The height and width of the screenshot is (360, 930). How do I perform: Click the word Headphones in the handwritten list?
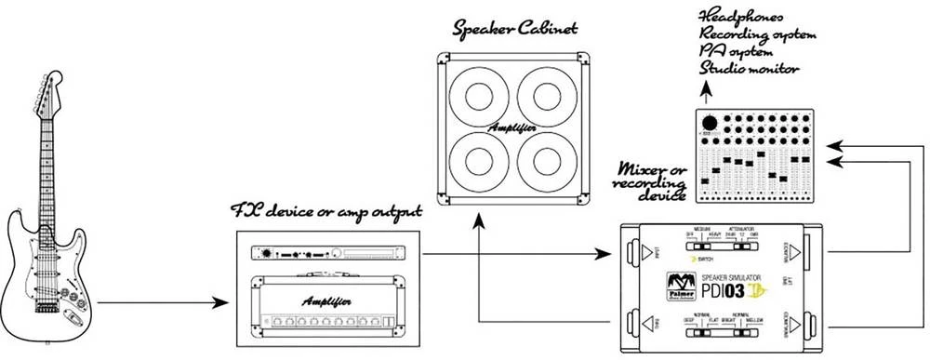753,17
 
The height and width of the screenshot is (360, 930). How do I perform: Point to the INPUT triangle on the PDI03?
640,251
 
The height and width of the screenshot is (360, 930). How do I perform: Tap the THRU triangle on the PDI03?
640,322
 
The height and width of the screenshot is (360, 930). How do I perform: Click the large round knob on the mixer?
711,124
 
